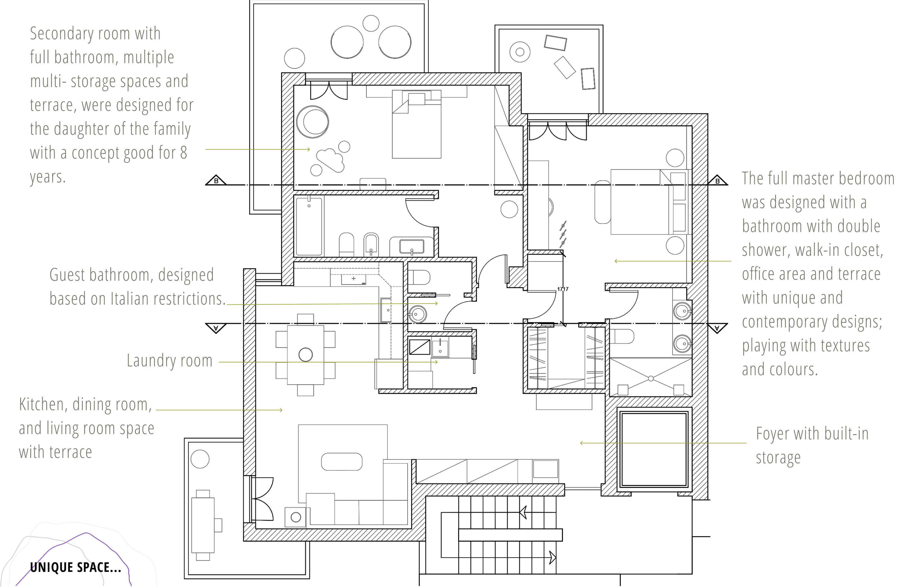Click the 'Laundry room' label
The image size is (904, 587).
pos(169,360)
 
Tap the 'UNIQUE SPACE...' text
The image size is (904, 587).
pos(75,567)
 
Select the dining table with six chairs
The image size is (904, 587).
pos(305,355)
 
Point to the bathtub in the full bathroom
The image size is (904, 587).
pos(309,226)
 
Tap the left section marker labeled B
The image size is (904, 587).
pos(216,181)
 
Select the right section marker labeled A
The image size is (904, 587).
pos(717,328)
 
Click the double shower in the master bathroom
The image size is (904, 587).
pos(651,377)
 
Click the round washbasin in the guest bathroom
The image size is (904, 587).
pos(417,314)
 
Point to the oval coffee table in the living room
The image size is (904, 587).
pos(341,462)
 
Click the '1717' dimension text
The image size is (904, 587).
pos(563,289)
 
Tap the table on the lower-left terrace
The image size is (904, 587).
pos(203,525)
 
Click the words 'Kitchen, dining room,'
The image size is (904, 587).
pos(86,405)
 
